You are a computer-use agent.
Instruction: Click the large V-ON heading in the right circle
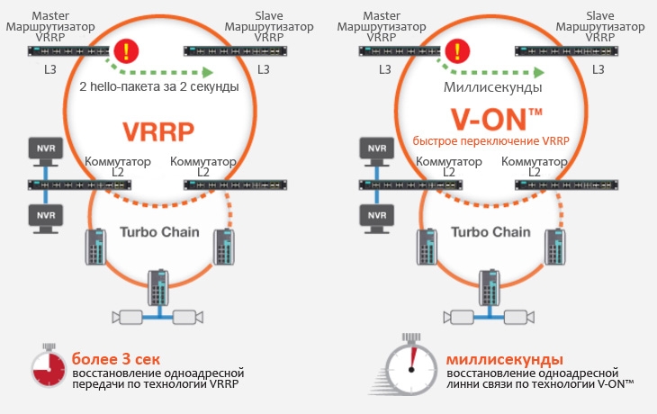click(x=490, y=120)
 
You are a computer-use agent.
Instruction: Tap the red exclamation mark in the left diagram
click(x=131, y=49)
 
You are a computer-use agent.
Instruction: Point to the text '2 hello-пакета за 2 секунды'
click(x=158, y=88)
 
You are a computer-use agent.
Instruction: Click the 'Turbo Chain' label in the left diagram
click(x=158, y=231)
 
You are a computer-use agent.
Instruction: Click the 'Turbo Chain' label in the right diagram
click(x=490, y=231)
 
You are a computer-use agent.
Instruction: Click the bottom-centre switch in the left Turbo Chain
click(x=158, y=287)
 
